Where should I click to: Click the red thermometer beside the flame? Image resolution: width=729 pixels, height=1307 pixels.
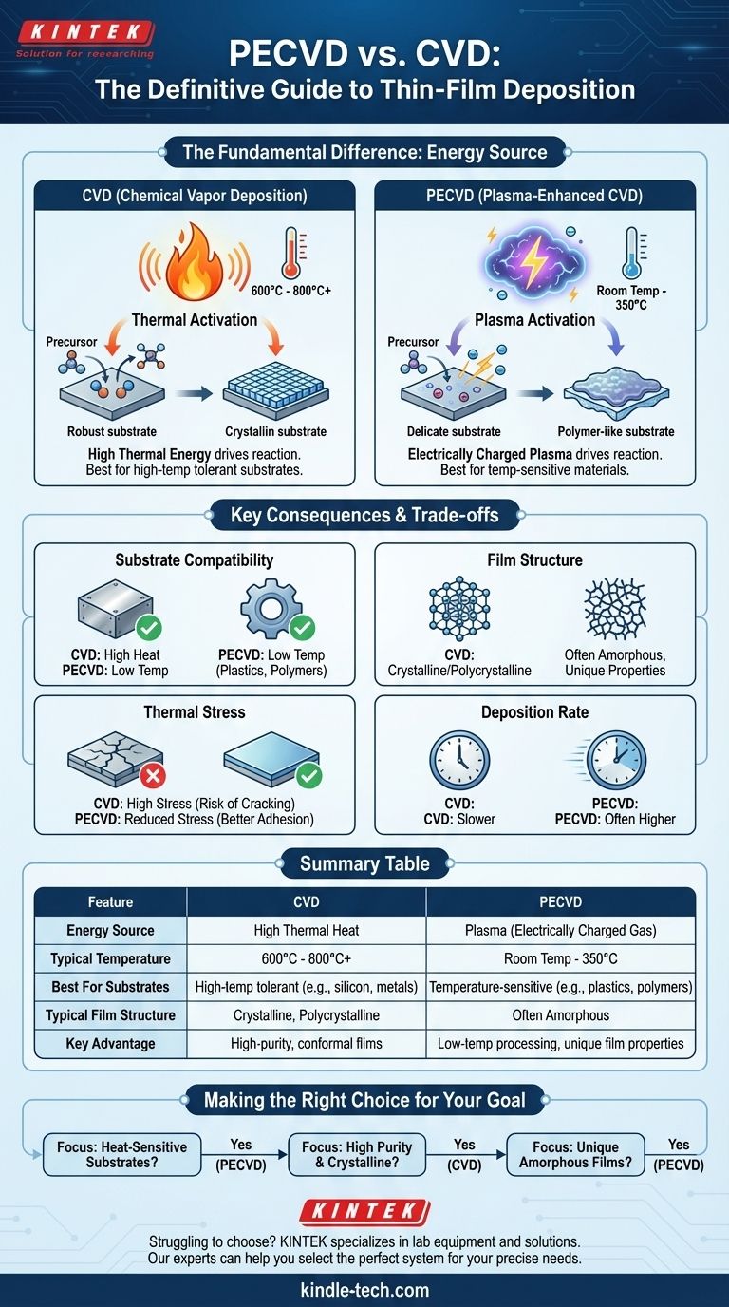(290, 252)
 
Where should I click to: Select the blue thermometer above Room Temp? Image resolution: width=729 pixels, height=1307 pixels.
(629, 253)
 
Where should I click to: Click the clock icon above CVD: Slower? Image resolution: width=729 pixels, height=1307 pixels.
(458, 760)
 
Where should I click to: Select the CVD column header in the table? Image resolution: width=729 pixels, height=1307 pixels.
(307, 901)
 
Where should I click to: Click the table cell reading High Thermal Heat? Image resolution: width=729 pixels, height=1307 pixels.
(307, 930)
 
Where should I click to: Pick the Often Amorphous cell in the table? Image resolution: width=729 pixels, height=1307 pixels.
(561, 1014)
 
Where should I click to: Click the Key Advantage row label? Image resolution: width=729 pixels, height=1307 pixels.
(110, 1043)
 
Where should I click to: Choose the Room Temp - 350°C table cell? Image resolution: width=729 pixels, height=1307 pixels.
(561, 958)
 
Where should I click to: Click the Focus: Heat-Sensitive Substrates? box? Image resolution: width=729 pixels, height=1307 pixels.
(121, 1154)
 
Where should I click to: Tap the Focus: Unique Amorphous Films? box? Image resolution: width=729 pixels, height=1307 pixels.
(574, 1154)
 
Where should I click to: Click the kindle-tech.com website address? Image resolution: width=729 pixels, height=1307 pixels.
(364, 1289)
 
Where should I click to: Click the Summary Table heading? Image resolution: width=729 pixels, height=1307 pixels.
(364, 863)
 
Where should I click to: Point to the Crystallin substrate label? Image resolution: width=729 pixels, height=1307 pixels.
(275, 431)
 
